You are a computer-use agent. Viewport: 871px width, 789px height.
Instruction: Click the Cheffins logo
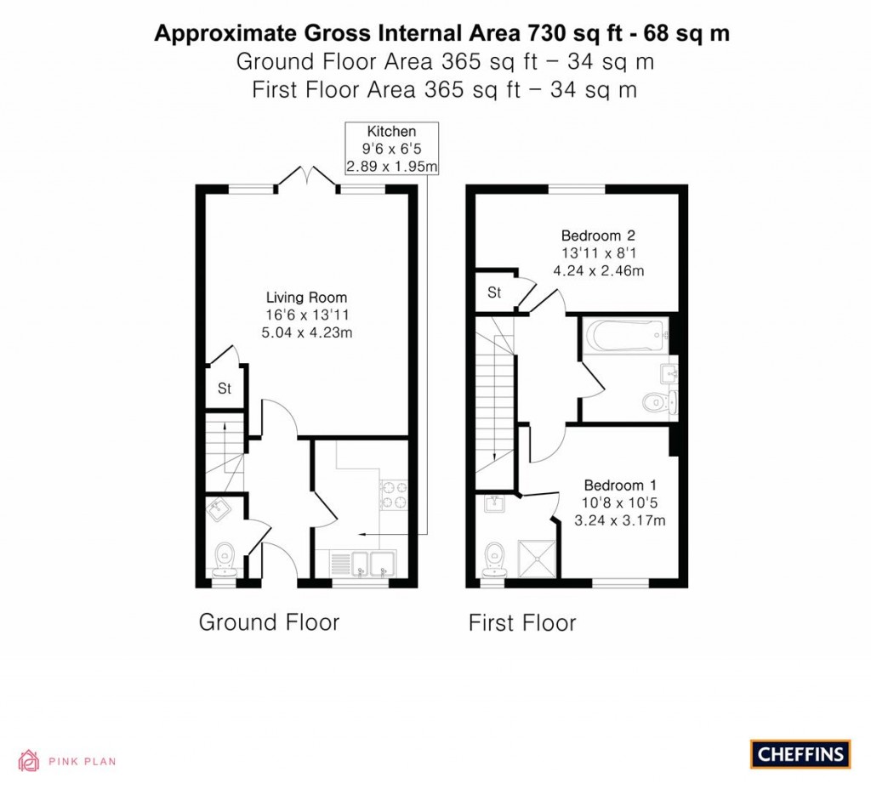(x=800, y=754)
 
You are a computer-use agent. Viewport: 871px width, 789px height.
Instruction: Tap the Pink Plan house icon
(x=29, y=761)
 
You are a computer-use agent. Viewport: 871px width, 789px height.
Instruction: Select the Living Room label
(x=306, y=298)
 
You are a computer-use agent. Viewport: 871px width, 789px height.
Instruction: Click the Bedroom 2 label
(x=598, y=236)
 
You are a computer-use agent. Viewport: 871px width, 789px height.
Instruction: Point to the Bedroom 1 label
(x=621, y=485)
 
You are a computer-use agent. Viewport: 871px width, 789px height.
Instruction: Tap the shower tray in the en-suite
(x=537, y=558)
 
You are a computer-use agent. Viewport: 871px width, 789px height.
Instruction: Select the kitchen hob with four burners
(x=394, y=495)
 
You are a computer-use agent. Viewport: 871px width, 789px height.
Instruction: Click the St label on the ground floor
(x=225, y=389)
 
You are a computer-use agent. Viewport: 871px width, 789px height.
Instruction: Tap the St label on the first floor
(x=494, y=292)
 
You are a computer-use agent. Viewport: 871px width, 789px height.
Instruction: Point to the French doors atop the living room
(x=306, y=176)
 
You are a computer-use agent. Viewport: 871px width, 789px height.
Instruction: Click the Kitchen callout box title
(x=391, y=132)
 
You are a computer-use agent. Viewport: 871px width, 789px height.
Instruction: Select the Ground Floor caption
(x=269, y=622)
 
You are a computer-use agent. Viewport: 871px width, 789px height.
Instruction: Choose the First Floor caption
(x=522, y=623)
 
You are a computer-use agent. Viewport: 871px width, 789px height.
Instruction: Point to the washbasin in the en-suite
(x=494, y=503)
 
